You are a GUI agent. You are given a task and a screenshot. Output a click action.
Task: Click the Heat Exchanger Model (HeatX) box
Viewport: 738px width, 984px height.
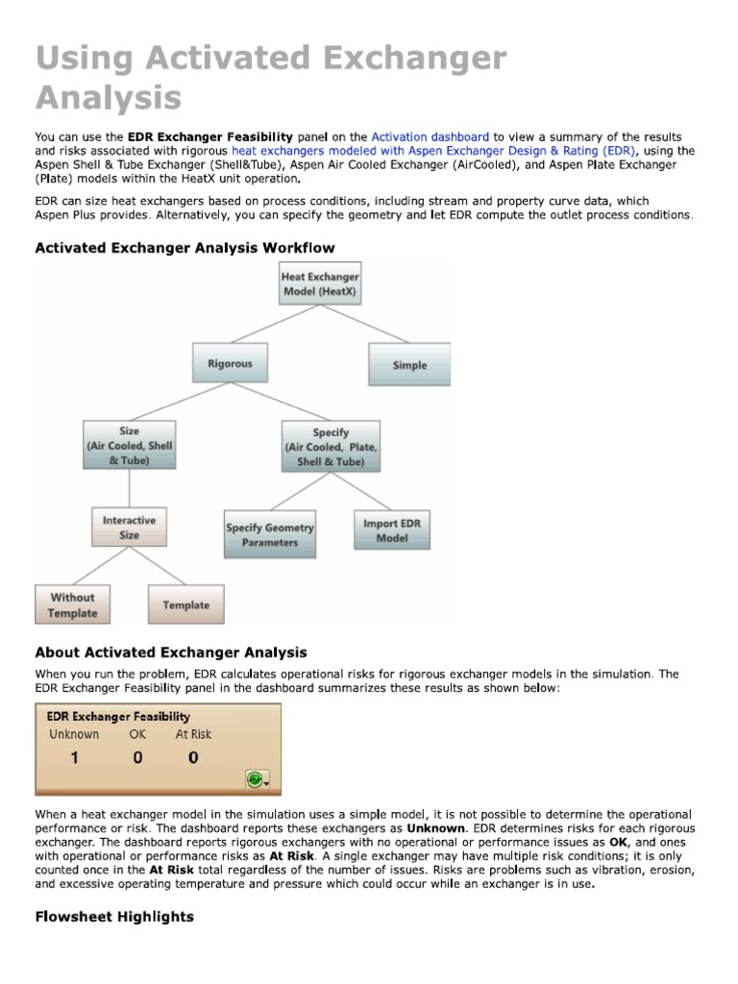(319, 283)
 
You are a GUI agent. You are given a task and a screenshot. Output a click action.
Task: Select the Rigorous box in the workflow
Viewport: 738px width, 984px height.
(230, 364)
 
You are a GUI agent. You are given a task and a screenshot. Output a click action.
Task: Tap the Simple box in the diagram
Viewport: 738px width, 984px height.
(409, 365)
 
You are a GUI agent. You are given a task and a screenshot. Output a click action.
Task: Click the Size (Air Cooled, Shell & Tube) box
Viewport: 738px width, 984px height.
(130, 446)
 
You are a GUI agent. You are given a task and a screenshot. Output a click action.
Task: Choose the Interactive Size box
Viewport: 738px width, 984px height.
(130, 528)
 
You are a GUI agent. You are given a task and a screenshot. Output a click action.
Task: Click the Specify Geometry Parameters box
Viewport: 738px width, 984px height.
(269, 535)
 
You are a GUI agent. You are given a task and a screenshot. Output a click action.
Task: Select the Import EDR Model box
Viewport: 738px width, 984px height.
(391, 530)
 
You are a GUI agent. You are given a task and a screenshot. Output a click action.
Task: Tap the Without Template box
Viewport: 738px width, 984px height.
(73, 604)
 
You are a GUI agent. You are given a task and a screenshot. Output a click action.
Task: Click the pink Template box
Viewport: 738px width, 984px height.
(185, 605)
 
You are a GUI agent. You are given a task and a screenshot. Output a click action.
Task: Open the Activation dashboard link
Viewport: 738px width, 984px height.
(430, 137)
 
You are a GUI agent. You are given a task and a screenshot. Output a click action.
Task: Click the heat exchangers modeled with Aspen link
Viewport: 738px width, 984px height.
(432, 151)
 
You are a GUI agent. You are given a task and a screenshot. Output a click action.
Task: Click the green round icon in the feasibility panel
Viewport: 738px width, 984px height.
(256, 780)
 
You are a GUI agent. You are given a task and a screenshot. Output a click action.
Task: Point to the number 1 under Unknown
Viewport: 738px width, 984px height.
(73, 758)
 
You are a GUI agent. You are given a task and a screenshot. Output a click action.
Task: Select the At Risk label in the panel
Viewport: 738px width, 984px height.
(193, 734)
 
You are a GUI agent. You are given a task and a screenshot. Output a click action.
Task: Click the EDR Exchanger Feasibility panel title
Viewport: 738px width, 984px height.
(113, 716)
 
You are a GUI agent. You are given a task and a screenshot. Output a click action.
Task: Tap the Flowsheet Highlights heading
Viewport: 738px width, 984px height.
(114, 917)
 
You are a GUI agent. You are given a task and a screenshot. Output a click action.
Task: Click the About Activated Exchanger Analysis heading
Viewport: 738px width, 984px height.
(171, 652)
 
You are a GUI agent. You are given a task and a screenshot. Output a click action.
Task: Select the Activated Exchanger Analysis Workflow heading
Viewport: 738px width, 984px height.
(184, 247)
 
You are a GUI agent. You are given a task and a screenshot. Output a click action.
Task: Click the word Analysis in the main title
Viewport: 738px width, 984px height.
(108, 98)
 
